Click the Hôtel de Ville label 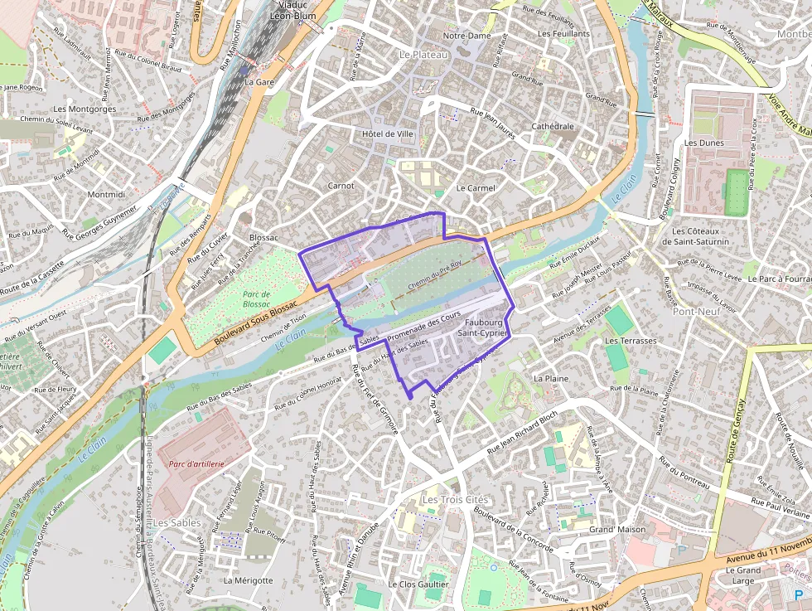(387, 133)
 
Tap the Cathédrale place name (553, 126)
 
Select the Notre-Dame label (467, 36)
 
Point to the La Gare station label (259, 82)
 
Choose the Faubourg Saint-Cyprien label (486, 327)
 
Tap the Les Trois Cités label (455, 500)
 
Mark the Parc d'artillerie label (196, 464)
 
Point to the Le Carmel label (476, 188)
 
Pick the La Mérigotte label (248, 580)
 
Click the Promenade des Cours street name (423, 326)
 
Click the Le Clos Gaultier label (418, 584)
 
